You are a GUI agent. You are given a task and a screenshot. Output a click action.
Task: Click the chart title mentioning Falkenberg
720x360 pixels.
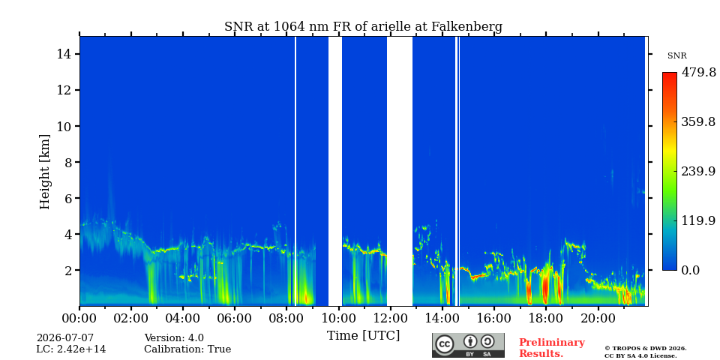(363, 27)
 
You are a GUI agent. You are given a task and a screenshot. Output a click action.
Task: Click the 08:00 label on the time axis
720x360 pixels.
(286, 318)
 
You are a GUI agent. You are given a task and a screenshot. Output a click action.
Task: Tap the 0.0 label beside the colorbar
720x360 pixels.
(690, 270)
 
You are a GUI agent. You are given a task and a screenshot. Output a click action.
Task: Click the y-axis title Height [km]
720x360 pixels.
(44, 172)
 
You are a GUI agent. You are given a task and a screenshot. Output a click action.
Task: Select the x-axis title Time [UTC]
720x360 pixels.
(363, 336)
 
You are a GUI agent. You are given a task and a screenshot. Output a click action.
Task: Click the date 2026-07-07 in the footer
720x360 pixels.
(64, 338)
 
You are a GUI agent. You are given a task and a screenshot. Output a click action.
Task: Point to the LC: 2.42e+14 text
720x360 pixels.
(71, 349)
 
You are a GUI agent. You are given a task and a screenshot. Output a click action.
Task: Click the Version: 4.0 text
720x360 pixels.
(174, 338)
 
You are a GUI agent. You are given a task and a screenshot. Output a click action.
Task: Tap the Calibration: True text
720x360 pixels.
(187, 349)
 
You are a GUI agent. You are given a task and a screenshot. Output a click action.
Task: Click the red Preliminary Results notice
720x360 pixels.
(552, 348)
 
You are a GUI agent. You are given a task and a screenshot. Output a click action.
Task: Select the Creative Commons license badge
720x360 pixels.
(468, 345)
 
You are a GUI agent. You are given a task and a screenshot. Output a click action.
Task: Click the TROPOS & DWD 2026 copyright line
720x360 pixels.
(646, 349)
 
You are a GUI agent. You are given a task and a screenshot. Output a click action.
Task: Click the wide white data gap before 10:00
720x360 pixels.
(335, 171)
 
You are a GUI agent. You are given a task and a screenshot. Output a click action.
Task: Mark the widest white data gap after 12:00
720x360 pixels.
(400, 171)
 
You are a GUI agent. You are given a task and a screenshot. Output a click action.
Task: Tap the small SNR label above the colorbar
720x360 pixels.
(676, 56)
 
